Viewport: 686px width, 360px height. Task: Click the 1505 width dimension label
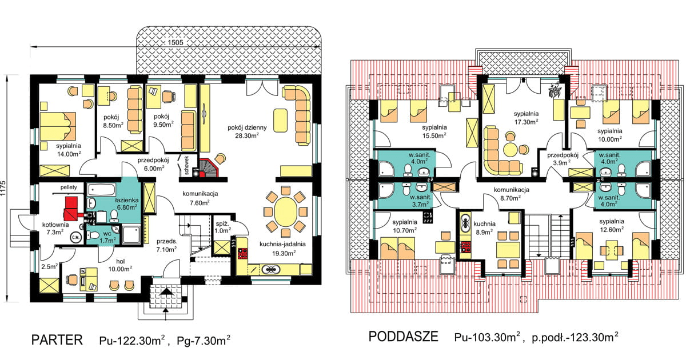click(x=176, y=42)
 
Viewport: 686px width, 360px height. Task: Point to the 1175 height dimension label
click(x=3, y=188)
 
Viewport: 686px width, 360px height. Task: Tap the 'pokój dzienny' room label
click(x=247, y=131)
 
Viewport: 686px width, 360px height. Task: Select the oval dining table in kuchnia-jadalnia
click(x=285, y=212)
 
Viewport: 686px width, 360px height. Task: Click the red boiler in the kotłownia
click(x=72, y=209)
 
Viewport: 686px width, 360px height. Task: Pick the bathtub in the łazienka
click(x=101, y=190)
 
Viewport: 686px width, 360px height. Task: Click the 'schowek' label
click(x=187, y=165)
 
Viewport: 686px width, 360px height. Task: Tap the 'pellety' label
click(x=69, y=187)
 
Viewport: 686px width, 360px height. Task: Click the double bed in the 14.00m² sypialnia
click(x=58, y=126)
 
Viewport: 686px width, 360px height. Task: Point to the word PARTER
click(x=57, y=340)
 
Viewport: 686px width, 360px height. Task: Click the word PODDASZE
click(x=404, y=337)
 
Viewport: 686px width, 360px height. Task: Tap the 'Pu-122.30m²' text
click(x=132, y=340)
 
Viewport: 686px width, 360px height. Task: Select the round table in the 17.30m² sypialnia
click(x=510, y=150)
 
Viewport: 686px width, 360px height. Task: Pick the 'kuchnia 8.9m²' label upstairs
click(x=484, y=228)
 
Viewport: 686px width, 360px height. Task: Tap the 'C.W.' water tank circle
click(x=75, y=238)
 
